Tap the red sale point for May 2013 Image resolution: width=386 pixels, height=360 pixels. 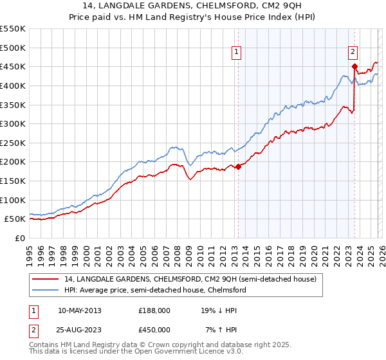pos(238,166)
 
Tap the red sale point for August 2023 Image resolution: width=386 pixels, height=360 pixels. pos(354,66)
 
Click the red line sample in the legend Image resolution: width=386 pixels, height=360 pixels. pos(45,280)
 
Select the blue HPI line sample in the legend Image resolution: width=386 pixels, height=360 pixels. pos(45,291)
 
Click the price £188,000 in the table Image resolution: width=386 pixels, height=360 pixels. pos(154,310)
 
